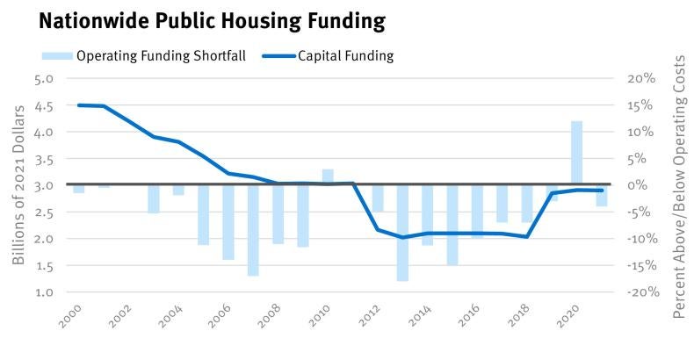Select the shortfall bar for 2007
coord(253,230)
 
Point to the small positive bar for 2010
coord(328,176)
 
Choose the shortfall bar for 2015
coord(452,225)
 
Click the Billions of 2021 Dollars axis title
coord(19,184)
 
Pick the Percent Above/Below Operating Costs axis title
coord(679,184)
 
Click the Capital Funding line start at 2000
coord(79,105)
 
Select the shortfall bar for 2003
coord(154,198)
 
